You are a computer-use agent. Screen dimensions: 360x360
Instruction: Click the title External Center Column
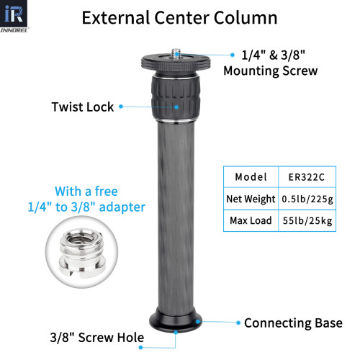point(180,18)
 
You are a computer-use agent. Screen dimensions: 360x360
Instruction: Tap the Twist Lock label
point(83,107)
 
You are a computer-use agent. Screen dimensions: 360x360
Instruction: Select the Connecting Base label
point(293,323)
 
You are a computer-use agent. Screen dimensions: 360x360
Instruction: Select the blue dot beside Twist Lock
point(121,107)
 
